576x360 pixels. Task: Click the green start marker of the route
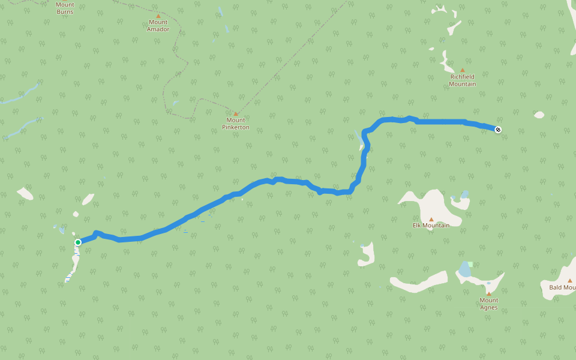tap(78, 242)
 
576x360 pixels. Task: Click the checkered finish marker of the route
tap(498, 130)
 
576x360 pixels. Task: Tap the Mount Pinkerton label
tap(235, 124)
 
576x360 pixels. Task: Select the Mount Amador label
tap(158, 26)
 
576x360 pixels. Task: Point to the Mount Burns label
tap(65, 8)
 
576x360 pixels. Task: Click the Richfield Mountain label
tap(463, 80)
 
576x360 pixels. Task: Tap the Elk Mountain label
tap(431, 226)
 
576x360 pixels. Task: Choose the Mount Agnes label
tap(488, 304)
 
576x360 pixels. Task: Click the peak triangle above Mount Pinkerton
tap(236, 113)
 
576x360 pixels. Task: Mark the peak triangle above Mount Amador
tap(158, 16)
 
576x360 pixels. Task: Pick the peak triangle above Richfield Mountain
tap(463, 70)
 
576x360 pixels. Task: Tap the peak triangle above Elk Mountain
tap(431, 219)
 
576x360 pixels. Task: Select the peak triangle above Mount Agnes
tap(488, 293)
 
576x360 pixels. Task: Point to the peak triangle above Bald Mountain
tap(569, 280)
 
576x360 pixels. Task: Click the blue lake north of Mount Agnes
tap(464, 269)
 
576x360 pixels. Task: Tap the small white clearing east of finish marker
tap(539, 115)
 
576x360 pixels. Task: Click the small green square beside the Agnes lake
tap(471, 264)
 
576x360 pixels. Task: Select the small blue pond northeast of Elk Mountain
tap(464, 194)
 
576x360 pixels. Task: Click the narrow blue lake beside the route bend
tap(359, 140)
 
